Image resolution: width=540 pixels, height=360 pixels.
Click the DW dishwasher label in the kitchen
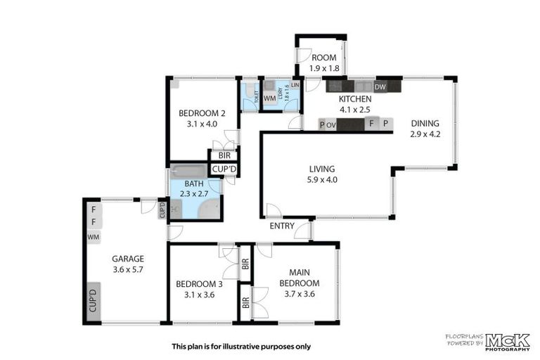click(380, 87)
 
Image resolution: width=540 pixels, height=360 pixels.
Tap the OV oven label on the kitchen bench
click(331, 124)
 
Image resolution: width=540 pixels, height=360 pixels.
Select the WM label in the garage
click(94, 238)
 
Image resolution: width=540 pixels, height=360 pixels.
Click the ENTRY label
click(282, 226)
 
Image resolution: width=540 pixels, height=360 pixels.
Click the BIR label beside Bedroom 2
click(224, 155)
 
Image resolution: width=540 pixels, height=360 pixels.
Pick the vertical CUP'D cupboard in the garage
click(93, 300)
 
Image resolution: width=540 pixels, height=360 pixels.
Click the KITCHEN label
click(355, 99)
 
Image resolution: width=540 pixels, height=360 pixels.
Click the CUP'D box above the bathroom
click(225, 169)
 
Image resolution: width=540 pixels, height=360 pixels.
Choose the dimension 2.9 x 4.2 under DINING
click(425, 134)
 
